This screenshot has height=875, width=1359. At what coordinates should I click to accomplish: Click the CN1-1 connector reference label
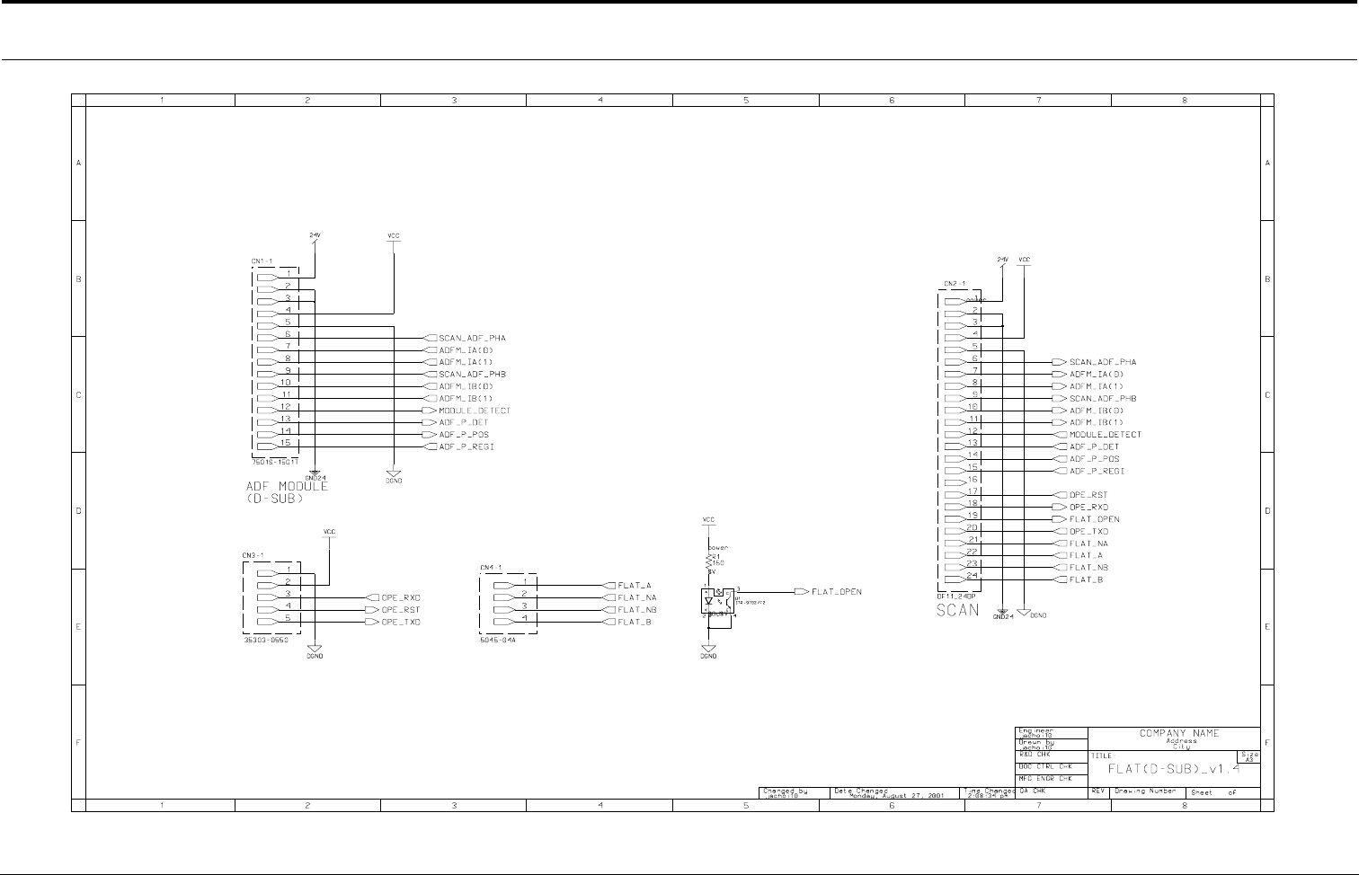261,261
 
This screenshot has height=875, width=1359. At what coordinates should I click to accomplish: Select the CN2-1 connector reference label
954,284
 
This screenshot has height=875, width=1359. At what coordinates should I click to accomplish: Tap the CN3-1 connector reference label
252,555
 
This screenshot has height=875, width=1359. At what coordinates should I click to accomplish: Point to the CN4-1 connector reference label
491,568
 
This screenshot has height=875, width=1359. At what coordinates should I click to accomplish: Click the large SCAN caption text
958,610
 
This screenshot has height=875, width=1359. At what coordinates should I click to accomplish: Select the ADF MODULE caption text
287,487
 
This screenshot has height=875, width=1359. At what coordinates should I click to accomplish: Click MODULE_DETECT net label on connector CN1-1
474,411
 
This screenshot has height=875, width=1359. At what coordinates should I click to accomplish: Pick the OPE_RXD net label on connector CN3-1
401,597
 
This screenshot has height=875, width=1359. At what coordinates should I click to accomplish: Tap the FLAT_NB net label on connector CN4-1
637,609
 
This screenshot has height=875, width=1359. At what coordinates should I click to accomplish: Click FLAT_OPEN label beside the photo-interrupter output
836,592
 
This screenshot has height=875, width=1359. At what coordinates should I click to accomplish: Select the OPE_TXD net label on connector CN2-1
1088,531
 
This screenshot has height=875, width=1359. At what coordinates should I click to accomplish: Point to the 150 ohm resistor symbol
710,561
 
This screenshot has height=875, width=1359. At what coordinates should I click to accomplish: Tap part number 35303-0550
267,640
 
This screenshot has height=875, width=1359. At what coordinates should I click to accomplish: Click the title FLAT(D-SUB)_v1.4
1173,769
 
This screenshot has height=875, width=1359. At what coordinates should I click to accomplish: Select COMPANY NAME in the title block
1179,733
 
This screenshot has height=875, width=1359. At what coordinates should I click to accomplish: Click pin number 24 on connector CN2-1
972,576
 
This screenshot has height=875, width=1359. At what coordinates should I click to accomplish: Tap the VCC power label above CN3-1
329,532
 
